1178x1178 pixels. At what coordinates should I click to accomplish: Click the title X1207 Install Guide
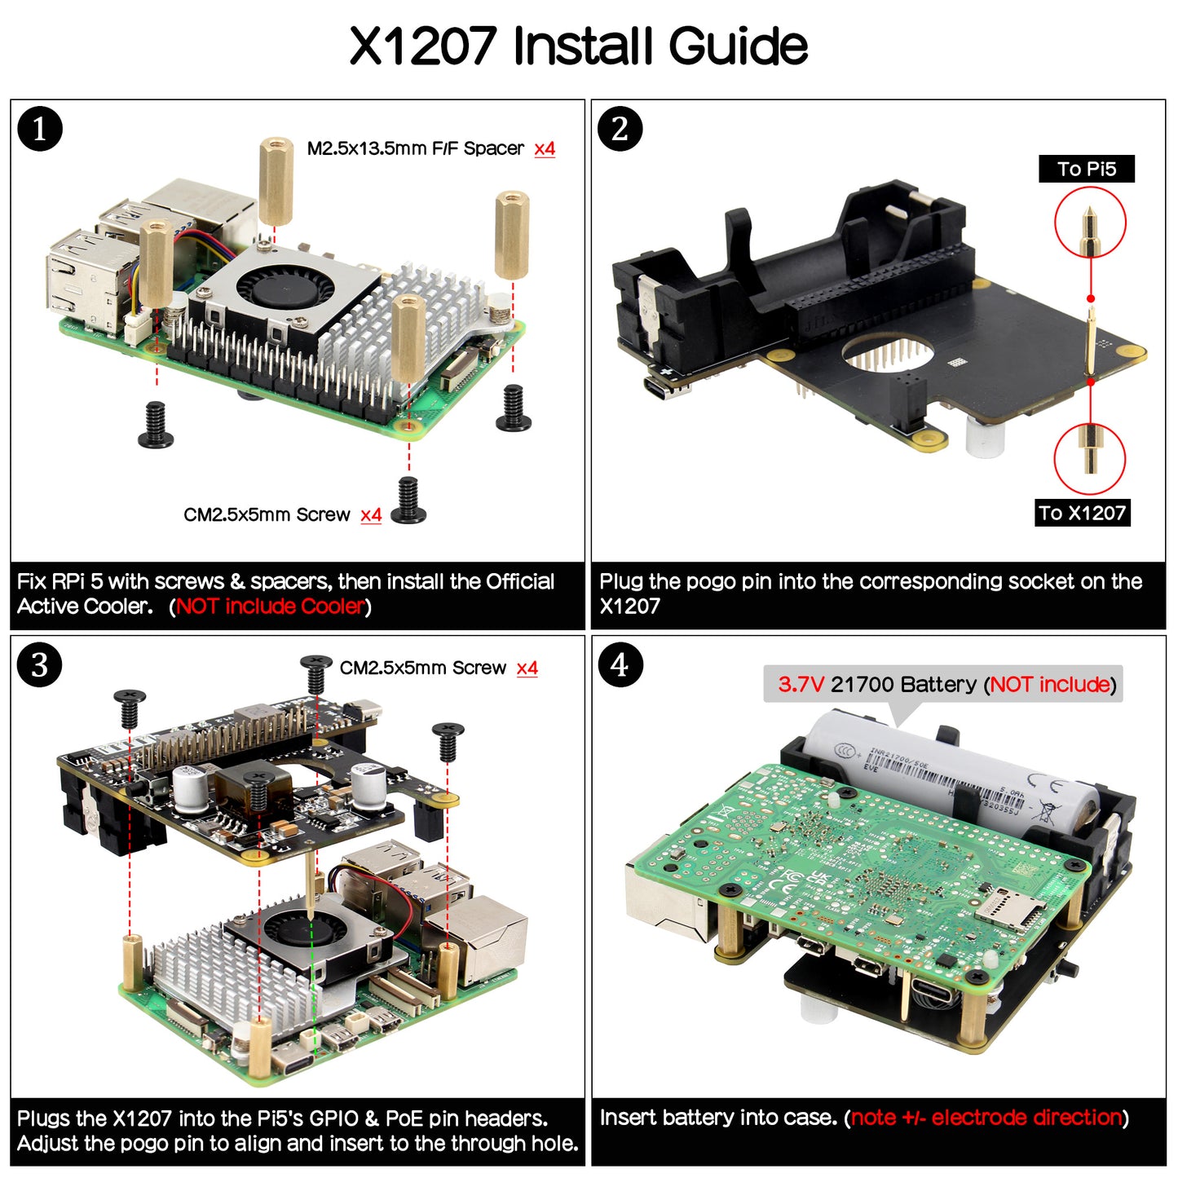tap(579, 46)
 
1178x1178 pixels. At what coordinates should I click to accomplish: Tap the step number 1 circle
tap(39, 129)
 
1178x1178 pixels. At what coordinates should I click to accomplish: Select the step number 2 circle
tap(620, 129)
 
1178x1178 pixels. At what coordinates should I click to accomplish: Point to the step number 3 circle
tap(39, 665)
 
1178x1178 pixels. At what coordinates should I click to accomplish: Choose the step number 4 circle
tap(620, 665)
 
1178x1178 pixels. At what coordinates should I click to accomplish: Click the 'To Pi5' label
tap(1086, 169)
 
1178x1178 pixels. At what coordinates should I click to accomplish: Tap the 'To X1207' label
tap(1082, 513)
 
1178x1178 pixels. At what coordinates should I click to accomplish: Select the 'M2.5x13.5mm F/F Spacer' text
tap(415, 148)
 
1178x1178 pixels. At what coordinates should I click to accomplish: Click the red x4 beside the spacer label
tap(545, 148)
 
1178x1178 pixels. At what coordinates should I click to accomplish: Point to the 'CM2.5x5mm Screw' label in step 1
tap(267, 515)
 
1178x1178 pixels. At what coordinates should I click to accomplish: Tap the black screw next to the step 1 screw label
tap(408, 501)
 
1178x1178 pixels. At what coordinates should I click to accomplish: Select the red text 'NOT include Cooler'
tap(270, 607)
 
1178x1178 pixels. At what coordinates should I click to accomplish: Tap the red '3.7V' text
tap(801, 684)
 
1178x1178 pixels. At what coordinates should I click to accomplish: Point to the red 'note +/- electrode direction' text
tap(986, 1118)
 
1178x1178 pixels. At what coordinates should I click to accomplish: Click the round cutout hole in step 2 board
tap(889, 352)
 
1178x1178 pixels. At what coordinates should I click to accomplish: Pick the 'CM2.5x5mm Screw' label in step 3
tap(422, 668)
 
